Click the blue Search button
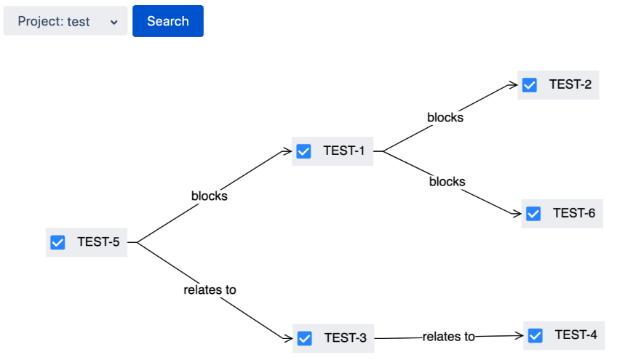[x=167, y=21]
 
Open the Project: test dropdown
[x=65, y=21]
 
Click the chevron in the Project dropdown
[x=114, y=22]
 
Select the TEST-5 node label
[x=98, y=242]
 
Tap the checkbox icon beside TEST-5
[x=57, y=242]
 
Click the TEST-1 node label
[x=343, y=151]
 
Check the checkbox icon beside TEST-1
[x=303, y=151]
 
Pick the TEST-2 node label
[x=570, y=84]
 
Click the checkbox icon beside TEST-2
[x=530, y=85]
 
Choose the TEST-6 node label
[x=573, y=213]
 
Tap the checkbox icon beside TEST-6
[x=533, y=214]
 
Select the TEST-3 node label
[x=345, y=338]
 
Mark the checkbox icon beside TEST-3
[x=305, y=338]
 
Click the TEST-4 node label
[x=576, y=335]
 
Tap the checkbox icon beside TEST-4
[x=536, y=335]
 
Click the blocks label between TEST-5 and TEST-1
[x=209, y=196]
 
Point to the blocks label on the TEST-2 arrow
[x=445, y=117]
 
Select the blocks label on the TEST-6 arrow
[x=447, y=182]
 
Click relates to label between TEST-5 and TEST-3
[x=210, y=289]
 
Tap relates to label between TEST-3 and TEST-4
[x=448, y=337]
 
